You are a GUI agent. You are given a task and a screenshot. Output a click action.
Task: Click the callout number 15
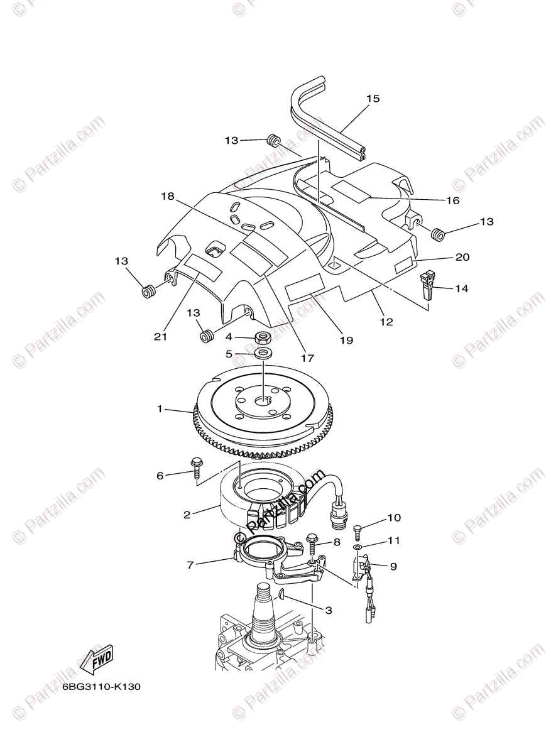(x=373, y=99)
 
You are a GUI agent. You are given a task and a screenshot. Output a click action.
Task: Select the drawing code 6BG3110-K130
(x=101, y=687)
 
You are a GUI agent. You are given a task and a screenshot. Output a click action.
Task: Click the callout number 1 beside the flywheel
(x=160, y=409)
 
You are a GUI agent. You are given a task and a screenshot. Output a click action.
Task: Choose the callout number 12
(x=386, y=322)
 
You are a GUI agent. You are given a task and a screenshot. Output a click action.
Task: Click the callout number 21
(x=160, y=337)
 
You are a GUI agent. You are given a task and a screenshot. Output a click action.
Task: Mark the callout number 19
(x=346, y=340)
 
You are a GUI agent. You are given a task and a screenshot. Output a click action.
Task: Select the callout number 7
(x=190, y=565)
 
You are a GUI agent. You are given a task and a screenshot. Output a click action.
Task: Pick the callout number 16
(x=452, y=200)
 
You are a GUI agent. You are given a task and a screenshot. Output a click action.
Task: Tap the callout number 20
(x=462, y=257)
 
